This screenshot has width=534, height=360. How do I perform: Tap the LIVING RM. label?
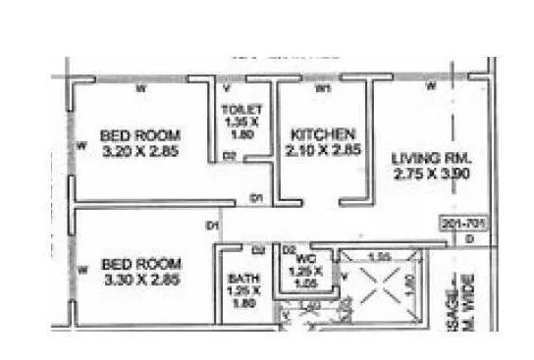[x=432, y=157]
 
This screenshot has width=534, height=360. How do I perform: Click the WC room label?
[x=306, y=259]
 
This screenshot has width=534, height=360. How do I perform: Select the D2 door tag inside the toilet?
[x=228, y=156]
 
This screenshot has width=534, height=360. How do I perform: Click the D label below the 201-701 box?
[x=469, y=239]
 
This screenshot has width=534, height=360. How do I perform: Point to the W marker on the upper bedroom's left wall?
[x=79, y=147]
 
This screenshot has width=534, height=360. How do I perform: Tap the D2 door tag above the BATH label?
[x=259, y=249]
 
